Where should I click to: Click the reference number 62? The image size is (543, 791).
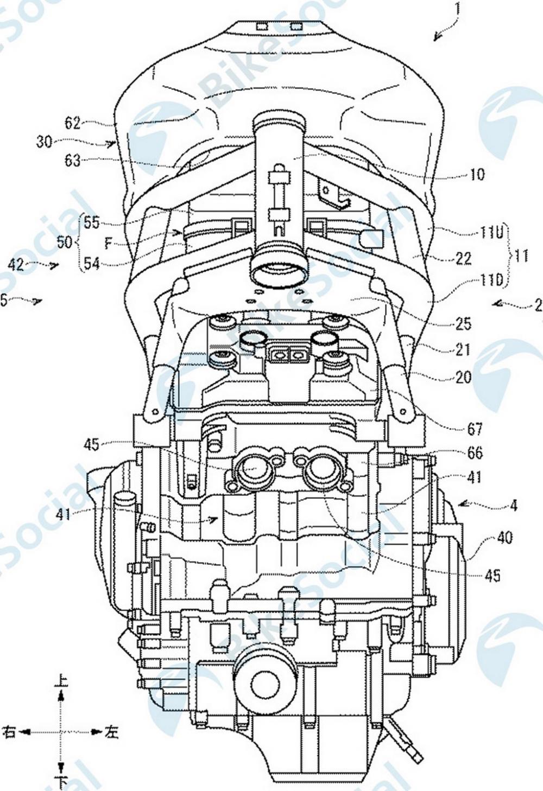tap(72, 123)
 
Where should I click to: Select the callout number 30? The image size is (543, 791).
tap(45, 142)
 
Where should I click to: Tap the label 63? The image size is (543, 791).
tap(72, 161)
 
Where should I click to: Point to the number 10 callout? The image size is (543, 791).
tap(476, 174)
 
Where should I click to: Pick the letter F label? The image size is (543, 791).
tap(108, 244)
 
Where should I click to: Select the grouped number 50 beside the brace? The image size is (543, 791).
tap(65, 242)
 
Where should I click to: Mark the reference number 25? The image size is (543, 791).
tap(463, 324)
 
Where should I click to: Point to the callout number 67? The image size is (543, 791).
tap(474, 429)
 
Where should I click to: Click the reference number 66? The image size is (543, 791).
tap(474, 452)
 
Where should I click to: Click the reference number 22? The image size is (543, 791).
tap(463, 259)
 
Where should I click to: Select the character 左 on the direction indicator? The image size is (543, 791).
tap(111, 732)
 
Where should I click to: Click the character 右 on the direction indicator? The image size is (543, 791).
tap(9, 732)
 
